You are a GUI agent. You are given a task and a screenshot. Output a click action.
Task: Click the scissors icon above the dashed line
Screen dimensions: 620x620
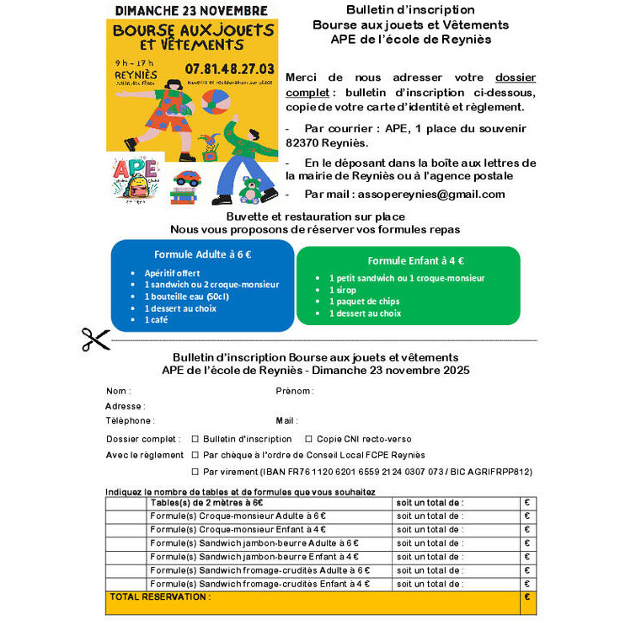(x=95, y=339)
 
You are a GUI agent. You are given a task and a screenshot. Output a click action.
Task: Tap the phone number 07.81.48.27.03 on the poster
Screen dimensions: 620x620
(x=229, y=68)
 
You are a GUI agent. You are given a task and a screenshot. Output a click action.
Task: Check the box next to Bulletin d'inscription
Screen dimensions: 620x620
(x=195, y=439)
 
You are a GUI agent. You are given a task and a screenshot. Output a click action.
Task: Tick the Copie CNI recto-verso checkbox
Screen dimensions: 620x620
(x=309, y=439)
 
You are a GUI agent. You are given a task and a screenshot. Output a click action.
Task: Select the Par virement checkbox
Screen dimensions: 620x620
(x=195, y=472)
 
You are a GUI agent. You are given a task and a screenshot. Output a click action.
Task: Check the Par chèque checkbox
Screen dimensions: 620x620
(x=195, y=455)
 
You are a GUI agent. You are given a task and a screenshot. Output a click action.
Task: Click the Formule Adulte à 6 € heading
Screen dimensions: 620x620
(x=202, y=254)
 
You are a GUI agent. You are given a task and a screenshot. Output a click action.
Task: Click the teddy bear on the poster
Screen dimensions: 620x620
(x=250, y=190)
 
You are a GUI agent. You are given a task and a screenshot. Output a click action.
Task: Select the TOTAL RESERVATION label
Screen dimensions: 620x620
(x=159, y=597)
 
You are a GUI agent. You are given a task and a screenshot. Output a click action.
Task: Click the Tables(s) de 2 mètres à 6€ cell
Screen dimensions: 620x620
(x=206, y=503)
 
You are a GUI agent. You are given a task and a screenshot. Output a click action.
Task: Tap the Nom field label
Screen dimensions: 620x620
(x=118, y=391)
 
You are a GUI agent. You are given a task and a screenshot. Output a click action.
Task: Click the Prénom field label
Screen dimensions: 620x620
(x=294, y=391)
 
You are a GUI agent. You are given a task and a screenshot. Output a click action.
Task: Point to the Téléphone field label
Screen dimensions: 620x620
(x=130, y=420)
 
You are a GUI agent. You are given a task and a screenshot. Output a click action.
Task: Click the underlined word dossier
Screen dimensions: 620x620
(x=515, y=77)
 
